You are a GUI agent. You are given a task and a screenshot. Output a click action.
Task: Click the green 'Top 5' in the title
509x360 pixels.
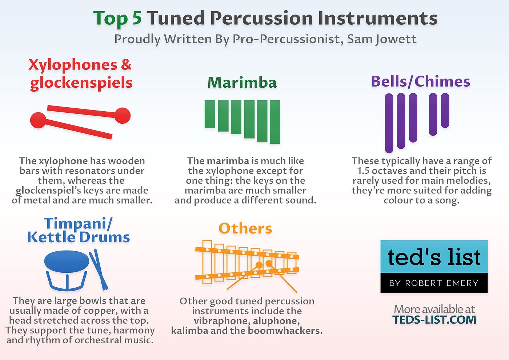[117, 18]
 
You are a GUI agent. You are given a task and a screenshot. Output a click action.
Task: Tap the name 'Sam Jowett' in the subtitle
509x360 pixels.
[382, 39]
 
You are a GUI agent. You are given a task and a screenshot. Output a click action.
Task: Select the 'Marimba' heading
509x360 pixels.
[242, 83]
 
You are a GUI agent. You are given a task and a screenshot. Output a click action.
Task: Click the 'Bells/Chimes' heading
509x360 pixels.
[420, 81]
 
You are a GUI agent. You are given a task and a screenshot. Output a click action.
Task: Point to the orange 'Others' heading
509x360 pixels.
[245, 228]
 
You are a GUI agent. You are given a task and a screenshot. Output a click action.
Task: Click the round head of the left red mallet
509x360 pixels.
[38, 120]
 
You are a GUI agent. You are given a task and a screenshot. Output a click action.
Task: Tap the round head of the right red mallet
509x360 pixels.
[123, 115]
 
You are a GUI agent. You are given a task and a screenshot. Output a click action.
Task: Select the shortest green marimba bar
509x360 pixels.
[210, 114]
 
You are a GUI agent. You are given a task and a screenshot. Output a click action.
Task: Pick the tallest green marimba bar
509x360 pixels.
[274, 122]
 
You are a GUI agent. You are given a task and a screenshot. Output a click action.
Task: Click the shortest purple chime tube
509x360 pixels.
[445, 111]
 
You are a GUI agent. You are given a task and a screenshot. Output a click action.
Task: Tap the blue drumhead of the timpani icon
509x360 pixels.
[67, 261]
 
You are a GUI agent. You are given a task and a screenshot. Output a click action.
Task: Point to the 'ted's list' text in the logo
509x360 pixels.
[434, 257]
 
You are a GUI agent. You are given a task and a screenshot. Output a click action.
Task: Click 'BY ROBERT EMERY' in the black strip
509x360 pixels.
[434, 283]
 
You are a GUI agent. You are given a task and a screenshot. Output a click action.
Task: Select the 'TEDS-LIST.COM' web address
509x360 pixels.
[434, 320]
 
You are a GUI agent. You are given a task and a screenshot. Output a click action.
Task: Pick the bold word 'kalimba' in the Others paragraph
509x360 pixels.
[189, 331]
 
